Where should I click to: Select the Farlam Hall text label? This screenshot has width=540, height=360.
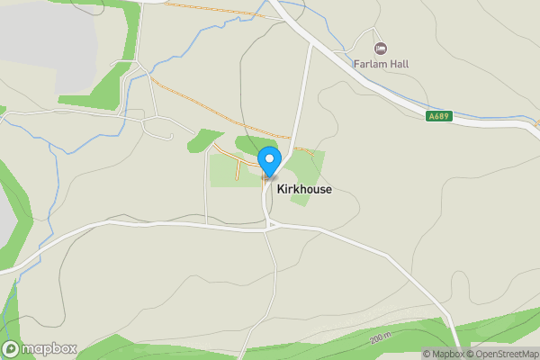pyautogui.click(x=381, y=65)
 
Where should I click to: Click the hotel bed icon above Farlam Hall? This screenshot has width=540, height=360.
pyautogui.click(x=380, y=48)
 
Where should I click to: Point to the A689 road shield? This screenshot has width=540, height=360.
pyautogui.click(x=438, y=115)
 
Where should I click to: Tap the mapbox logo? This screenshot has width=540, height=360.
pyautogui.click(x=40, y=348)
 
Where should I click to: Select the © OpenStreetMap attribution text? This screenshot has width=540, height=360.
pyautogui.click(x=502, y=354)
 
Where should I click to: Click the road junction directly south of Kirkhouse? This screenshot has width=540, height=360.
pyautogui.click(x=267, y=228)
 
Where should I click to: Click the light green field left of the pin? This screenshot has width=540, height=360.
pyautogui.click(x=225, y=171)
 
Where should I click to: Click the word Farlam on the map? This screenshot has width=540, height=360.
pyautogui.click(x=369, y=65)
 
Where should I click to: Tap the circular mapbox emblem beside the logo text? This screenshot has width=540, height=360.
pyautogui.click(x=12, y=348)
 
